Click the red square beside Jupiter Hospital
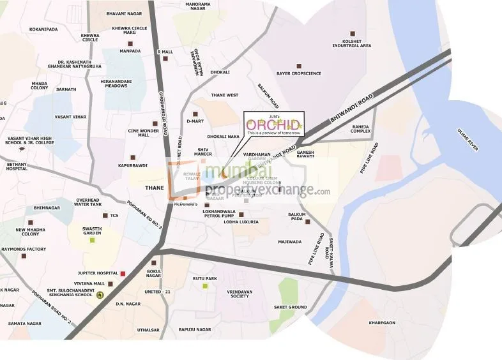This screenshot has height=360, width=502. point(123,274)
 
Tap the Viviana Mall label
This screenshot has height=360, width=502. point(89,283)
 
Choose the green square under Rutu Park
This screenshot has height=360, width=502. point(205,285)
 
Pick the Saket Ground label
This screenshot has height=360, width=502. point(291,307)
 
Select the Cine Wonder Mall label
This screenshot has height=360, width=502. point(143,133)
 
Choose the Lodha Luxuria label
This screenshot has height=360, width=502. point(241,221)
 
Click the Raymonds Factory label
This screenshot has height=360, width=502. point(24,249)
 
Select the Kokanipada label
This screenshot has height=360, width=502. point(44,29)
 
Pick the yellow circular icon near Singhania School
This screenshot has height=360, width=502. point(100,294)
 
